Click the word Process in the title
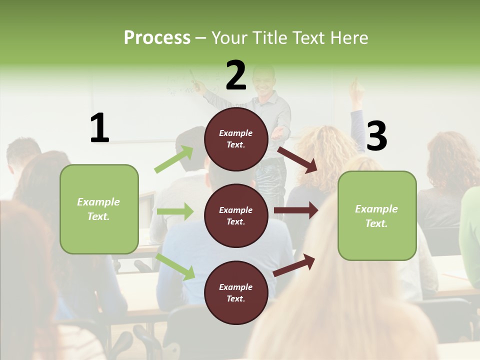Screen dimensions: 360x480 (157, 37)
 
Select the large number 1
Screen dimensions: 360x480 (99, 128)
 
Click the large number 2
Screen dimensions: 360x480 (236, 75)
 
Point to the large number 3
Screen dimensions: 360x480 (377, 136)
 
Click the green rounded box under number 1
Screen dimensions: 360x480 (99, 209)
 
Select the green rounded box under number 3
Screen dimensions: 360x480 (377, 215)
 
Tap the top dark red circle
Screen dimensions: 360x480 (236, 139)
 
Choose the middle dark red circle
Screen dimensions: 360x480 (236, 215)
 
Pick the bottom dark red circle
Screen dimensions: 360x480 (236, 292)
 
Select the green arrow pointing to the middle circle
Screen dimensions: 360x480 (175, 211)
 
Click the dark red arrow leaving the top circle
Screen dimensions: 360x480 (298, 159)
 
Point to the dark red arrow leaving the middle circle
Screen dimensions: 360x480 (296, 210)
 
